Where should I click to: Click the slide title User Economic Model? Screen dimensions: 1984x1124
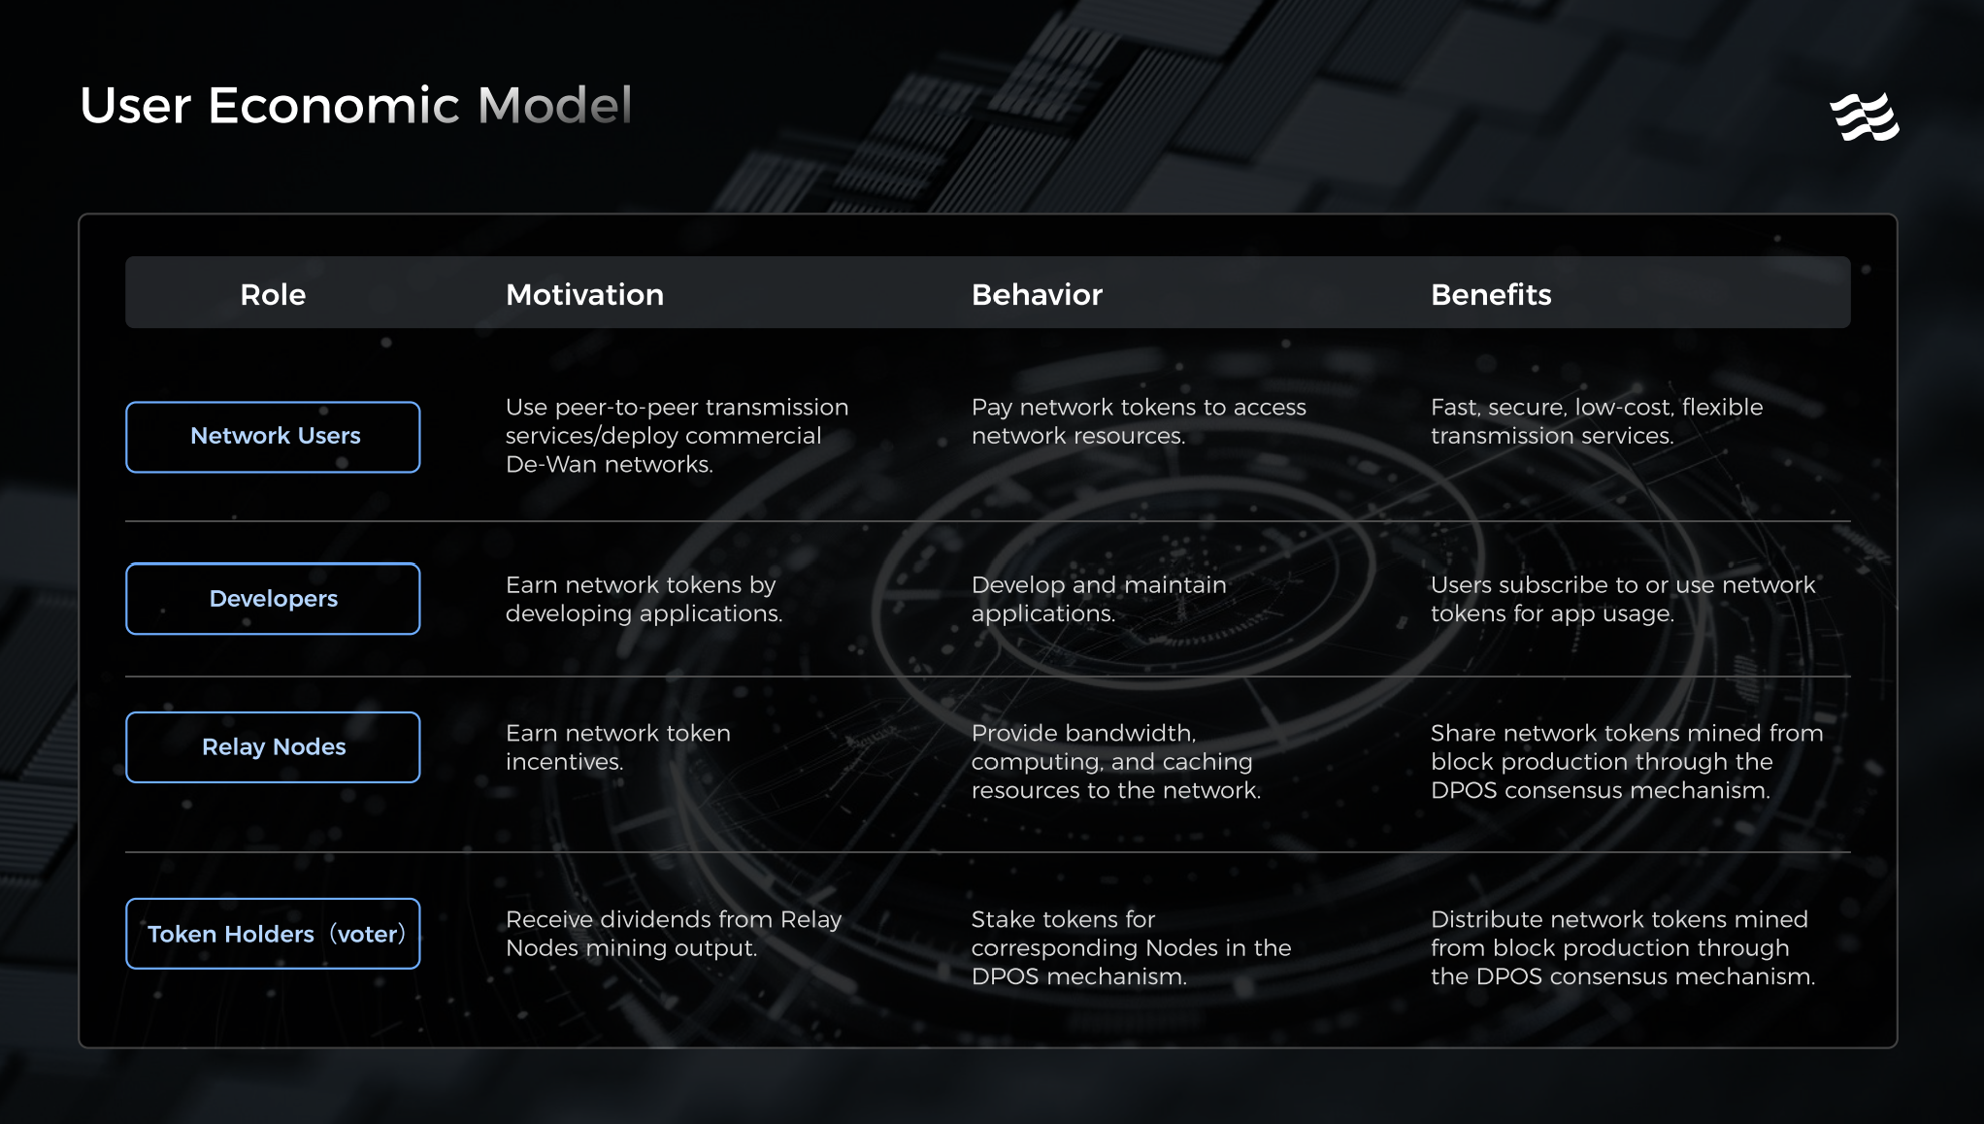pos(355,105)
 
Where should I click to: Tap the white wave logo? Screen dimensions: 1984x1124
pos(1864,117)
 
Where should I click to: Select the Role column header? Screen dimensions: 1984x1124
pos(273,294)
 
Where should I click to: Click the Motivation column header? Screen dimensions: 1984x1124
pos(584,294)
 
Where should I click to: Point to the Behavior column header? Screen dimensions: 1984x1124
pos(1037,294)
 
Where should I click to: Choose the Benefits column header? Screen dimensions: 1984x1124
pos(1491,294)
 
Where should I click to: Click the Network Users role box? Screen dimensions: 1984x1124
pos(273,437)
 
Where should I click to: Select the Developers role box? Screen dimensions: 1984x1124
pos(273,599)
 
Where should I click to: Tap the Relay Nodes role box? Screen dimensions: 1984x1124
pos(273,747)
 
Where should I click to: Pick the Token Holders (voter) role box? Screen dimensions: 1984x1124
pos(273,934)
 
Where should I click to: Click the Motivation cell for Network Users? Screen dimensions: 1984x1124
pos(677,436)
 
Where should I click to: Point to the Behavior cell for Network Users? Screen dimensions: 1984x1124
pos(1139,421)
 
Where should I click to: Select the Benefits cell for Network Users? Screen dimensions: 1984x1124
pos(1597,421)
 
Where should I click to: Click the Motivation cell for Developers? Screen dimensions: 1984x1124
pos(644,599)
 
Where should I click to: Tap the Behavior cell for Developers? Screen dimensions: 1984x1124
pos(1099,599)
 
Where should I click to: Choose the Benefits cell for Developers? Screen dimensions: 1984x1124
pos(1623,599)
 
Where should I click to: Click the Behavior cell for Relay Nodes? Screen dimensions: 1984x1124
pos(1116,762)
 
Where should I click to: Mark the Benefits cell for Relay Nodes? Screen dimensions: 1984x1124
pos(1627,762)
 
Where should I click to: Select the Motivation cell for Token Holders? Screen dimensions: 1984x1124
pos(674,933)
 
